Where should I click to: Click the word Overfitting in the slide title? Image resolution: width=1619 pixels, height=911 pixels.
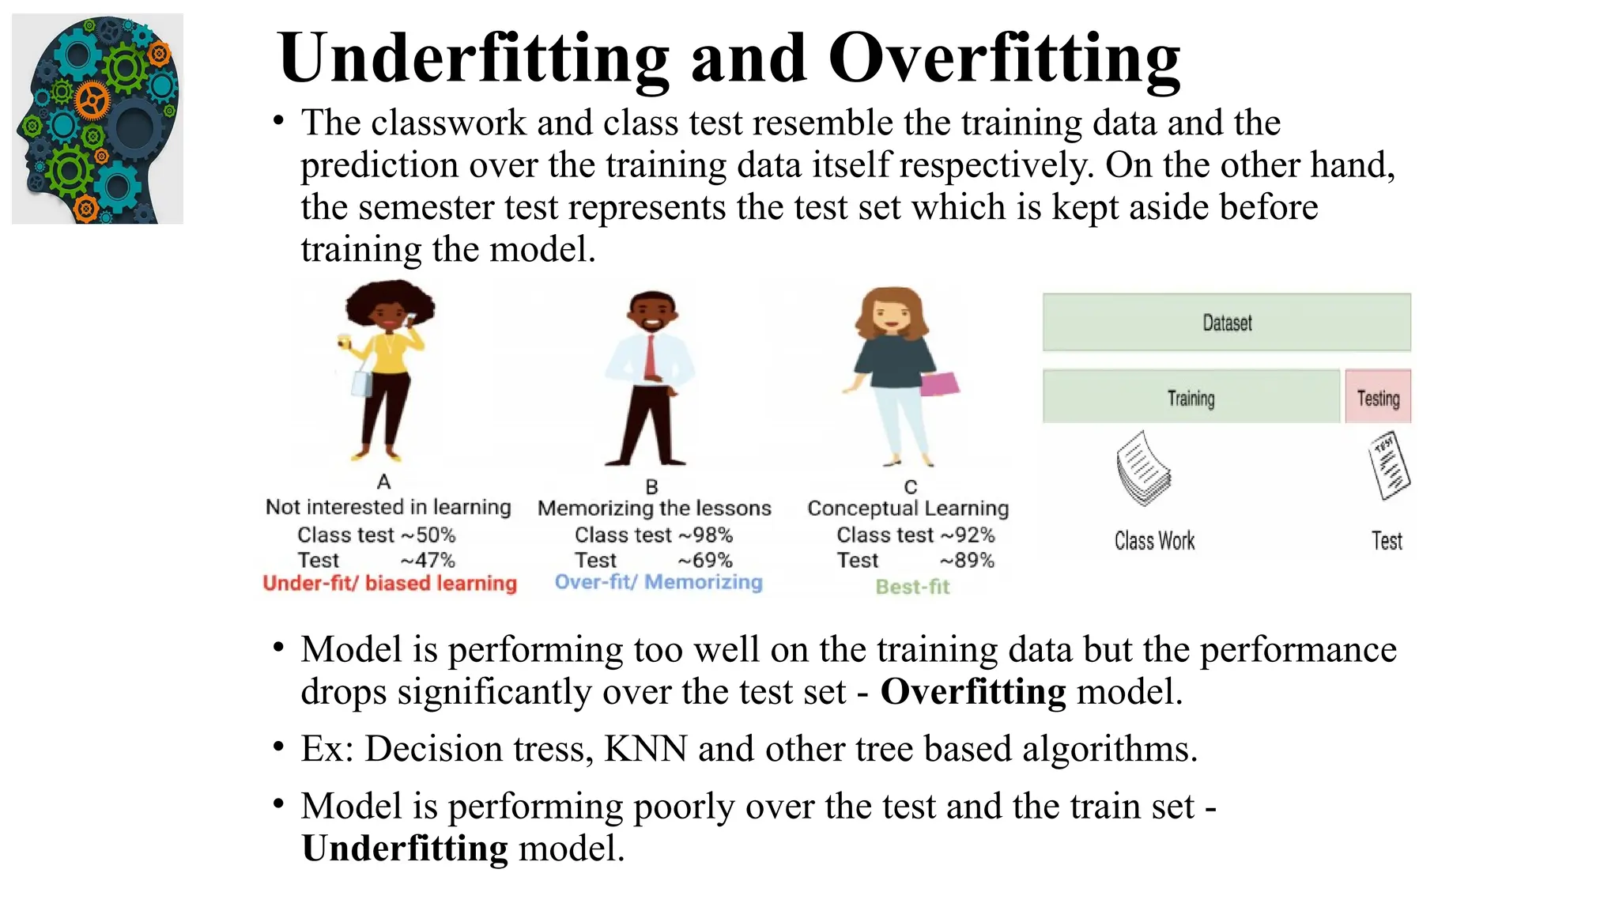click(x=1004, y=59)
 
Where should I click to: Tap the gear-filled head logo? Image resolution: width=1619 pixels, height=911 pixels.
click(x=97, y=119)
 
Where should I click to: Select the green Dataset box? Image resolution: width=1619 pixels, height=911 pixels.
click(x=1226, y=323)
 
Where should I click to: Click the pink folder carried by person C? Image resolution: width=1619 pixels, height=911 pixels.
click(x=939, y=384)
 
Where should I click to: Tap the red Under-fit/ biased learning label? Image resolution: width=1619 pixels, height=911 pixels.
click(x=390, y=584)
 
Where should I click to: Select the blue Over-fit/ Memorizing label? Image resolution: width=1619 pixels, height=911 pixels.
click(x=659, y=582)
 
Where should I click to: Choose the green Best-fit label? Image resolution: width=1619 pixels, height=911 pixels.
click(x=912, y=587)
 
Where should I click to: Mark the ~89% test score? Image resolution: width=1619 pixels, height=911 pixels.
click(x=967, y=561)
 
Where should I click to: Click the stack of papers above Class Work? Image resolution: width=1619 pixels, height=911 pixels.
click(x=1143, y=469)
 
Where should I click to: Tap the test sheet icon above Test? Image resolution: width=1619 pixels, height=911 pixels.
click(x=1389, y=466)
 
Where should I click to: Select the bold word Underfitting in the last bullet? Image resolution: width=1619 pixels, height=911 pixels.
click(x=405, y=849)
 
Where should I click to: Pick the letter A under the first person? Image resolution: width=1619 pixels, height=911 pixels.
click(x=384, y=482)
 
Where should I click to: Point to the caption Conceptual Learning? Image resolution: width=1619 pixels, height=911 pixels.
click(x=908, y=508)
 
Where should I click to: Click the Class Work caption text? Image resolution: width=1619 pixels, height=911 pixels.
click(x=1154, y=541)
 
